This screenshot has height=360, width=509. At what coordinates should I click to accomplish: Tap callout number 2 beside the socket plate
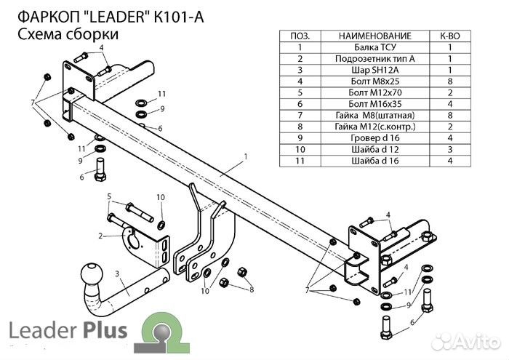point(100,236)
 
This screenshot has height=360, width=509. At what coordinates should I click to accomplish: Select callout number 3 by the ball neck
point(117,273)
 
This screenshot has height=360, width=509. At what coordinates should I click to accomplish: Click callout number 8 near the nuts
point(252,290)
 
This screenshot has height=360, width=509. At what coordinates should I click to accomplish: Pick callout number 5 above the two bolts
point(110,197)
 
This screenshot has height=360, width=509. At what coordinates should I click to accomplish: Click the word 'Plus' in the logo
point(104,332)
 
